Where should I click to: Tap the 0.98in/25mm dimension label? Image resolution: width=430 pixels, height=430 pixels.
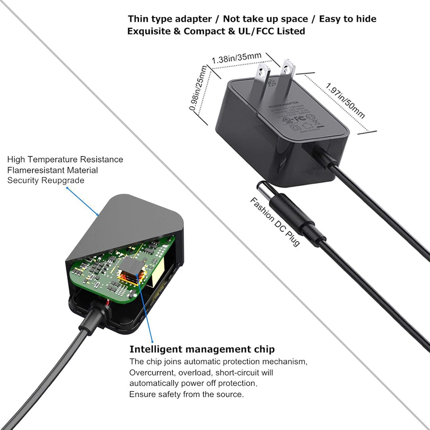coord(198,88)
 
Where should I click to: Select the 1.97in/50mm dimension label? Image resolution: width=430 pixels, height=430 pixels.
coord(345,101)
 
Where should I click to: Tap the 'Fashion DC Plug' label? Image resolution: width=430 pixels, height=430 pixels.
coord(275,221)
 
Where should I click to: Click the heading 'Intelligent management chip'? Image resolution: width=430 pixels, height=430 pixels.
coord(202,349)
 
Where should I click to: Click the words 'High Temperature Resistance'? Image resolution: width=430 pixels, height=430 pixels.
coord(65,159)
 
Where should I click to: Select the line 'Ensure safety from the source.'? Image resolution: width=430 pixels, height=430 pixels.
coord(186,394)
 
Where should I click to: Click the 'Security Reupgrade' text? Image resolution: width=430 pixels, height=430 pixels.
coord(46,180)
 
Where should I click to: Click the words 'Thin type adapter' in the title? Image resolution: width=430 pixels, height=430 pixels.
coord(170,19)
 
